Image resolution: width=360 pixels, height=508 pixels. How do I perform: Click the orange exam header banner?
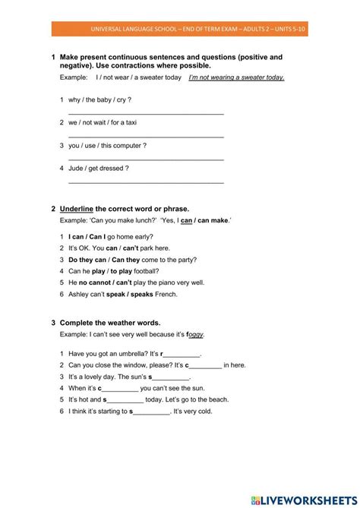tap(180, 30)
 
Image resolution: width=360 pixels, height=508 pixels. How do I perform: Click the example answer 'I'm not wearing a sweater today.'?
tap(236, 77)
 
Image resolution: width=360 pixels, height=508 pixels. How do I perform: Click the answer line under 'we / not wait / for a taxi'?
tap(146, 136)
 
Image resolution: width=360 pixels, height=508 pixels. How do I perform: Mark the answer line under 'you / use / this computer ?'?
tap(146, 159)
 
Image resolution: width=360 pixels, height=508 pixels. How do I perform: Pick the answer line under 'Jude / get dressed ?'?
tap(146, 181)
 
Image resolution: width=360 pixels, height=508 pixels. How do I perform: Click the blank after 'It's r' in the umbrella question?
tap(182, 354)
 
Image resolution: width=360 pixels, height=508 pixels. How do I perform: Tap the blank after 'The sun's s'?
tap(171, 377)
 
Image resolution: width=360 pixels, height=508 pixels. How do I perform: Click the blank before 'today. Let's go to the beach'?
tap(125, 399)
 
